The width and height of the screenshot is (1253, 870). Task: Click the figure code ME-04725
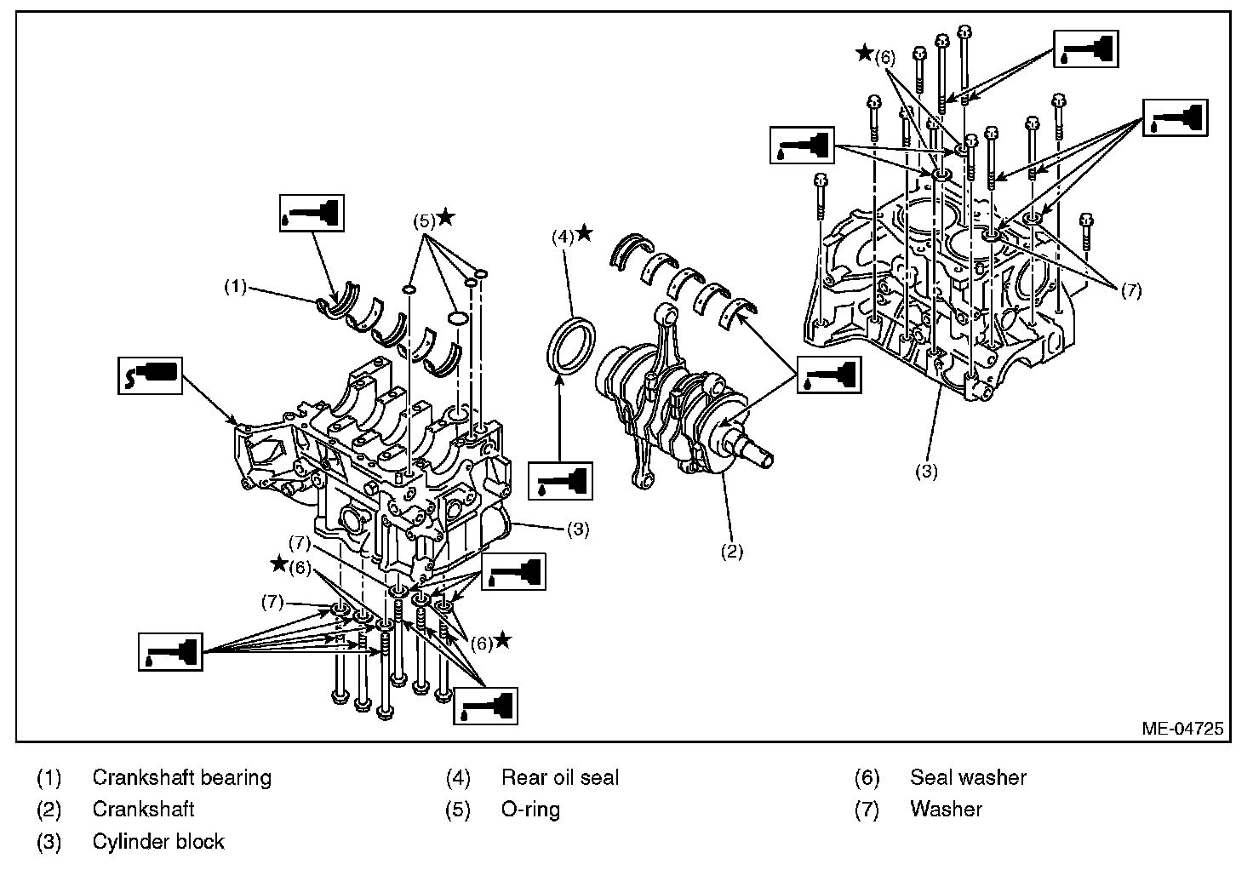(1182, 729)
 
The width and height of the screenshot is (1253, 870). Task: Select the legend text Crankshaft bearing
(182, 778)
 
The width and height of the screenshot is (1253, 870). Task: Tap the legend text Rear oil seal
(560, 778)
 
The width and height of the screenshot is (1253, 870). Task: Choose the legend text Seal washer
(969, 778)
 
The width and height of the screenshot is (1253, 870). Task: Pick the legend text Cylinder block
(158, 842)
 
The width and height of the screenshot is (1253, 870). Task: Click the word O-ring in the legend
(530, 810)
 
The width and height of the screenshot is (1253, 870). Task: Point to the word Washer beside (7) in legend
(946, 810)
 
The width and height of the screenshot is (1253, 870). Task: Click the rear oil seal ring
(570, 342)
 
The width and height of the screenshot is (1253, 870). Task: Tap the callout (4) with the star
(572, 235)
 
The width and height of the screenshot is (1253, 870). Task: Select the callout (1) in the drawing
(236, 287)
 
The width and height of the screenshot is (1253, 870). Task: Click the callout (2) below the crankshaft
(732, 551)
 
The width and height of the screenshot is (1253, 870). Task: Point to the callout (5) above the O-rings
(424, 221)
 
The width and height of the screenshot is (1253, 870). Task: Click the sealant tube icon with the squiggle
(150, 376)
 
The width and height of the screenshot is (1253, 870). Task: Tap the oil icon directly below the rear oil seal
(560, 481)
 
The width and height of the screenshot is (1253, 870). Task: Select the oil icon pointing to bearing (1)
(312, 213)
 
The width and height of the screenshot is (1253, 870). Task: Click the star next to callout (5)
(446, 216)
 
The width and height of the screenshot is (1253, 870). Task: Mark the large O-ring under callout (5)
(457, 318)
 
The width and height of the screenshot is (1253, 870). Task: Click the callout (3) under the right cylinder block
(926, 471)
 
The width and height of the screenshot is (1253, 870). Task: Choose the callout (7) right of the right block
(1131, 291)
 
